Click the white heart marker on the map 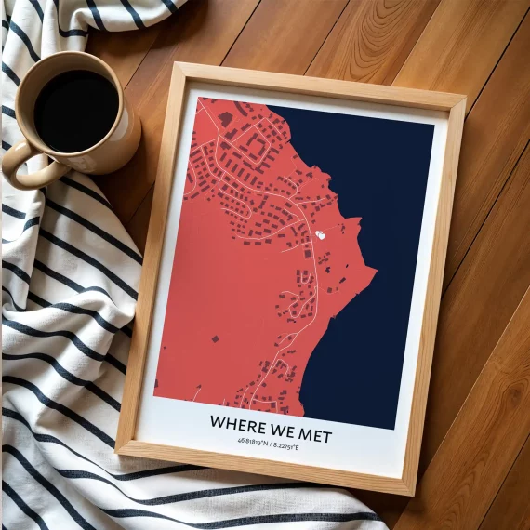[x=321, y=235]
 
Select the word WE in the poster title [x=280, y=430]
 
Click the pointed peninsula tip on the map [x=375, y=272]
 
